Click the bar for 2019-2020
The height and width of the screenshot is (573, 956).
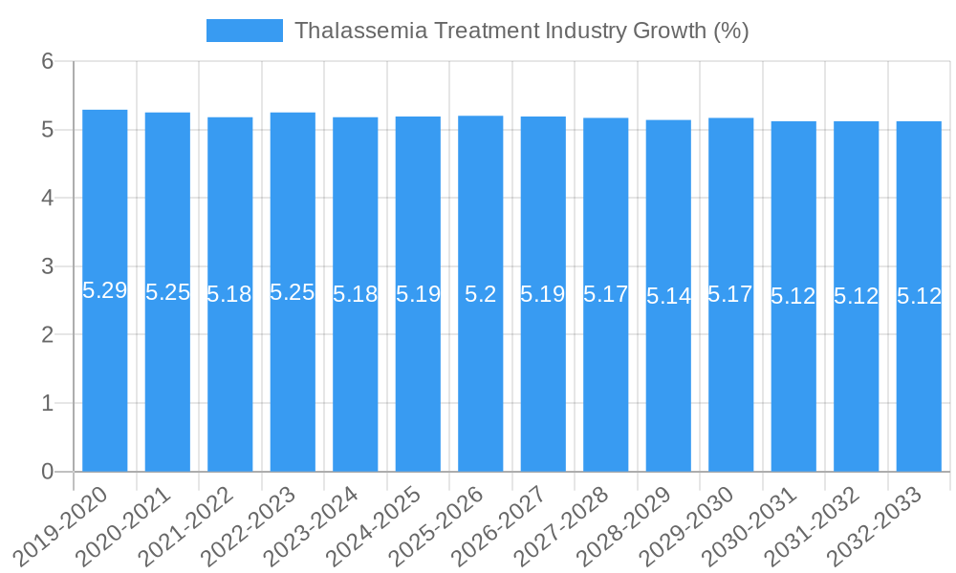105,382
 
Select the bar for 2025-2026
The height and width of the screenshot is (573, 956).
481,382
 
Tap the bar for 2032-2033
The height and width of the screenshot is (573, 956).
919,382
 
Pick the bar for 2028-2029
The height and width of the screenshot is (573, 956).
668,382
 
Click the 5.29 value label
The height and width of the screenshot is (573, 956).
105,291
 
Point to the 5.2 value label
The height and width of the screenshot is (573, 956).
481,294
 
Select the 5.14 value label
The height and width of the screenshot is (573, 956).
668,296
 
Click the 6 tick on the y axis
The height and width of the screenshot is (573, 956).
47,61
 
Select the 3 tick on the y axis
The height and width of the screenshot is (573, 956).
47,266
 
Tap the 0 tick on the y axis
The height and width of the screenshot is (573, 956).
47,472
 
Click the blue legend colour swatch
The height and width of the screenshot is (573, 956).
245,31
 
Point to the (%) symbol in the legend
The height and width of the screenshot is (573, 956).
731,31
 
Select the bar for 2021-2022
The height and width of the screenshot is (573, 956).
230,382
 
